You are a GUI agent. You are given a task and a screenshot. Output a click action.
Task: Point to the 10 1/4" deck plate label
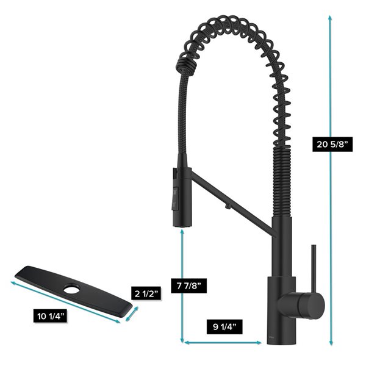(x=52, y=316)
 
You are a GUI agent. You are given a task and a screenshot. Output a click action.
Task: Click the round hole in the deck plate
(x=73, y=289)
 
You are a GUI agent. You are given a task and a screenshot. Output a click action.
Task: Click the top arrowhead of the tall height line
(x=331, y=18)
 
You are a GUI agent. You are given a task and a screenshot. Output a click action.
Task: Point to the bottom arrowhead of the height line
(x=331, y=343)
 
